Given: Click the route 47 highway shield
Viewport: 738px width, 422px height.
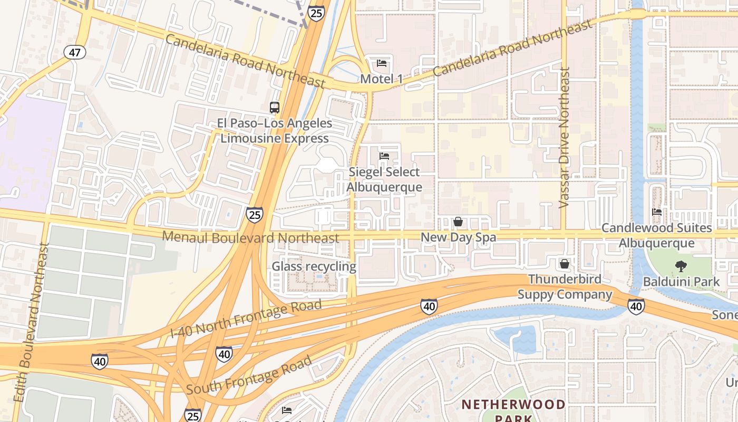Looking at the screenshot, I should pos(75,52).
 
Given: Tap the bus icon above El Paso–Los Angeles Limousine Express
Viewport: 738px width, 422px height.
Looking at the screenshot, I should pos(274,108).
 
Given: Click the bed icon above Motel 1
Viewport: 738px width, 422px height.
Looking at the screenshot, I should pos(382,63).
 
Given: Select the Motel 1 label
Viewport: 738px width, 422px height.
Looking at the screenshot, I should pos(382,79).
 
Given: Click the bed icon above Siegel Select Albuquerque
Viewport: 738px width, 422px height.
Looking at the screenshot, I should pos(384,156).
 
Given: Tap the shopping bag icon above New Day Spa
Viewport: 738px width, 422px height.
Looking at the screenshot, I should pos(458,222).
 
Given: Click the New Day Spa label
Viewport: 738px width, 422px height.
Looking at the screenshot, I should pos(458,237).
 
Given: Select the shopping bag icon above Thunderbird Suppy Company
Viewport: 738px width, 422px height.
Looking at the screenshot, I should pos(565,263).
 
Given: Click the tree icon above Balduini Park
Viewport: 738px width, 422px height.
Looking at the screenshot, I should pos(681,266).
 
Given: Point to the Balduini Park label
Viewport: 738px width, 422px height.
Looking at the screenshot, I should pos(681,282).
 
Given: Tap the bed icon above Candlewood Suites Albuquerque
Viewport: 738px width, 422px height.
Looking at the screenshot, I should pos(657,212).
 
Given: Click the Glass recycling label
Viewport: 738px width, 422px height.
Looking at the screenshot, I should pos(314,266).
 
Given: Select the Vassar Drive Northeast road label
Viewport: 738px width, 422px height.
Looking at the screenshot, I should pos(565,137).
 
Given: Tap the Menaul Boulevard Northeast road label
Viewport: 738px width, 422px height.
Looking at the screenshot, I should pos(250,237).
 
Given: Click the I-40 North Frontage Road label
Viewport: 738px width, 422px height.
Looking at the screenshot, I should pos(246,319).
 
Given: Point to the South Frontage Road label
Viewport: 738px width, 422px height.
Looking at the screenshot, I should pos(249,376).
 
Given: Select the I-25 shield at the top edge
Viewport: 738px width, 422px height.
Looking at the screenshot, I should pos(316,13).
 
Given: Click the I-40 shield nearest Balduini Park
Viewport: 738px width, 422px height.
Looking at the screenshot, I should pos(636,305).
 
